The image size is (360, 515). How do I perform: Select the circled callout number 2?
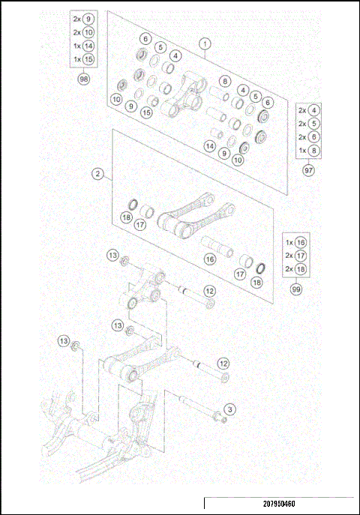(x=97, y=174)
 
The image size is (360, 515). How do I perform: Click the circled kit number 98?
(x=83, y=77)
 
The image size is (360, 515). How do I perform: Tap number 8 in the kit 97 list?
(x=314, y=150)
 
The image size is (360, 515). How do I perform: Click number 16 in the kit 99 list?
(x=301, y=243)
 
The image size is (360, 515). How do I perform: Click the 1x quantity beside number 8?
(x=302, y=150)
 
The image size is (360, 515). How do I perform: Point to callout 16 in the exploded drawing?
(x=210, y=259)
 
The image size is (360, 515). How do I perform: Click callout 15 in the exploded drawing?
(x=146, y=112)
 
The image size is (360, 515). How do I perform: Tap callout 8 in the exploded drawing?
(x=223, y=82)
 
